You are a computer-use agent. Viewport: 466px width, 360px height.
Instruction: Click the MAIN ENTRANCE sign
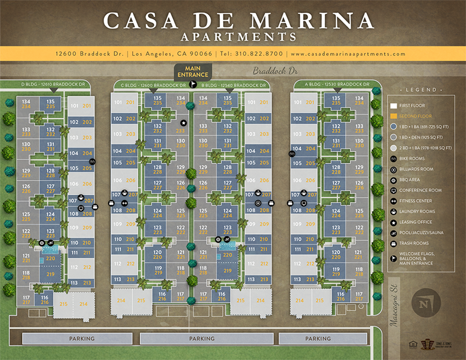(192, 71)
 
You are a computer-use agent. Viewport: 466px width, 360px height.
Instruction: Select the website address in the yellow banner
(348, 54)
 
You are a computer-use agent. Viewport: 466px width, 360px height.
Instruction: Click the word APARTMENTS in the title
(238, 36)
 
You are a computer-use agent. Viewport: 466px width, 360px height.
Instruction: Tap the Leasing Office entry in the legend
(416, 222)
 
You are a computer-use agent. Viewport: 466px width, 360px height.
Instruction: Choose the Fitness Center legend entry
(416, 201)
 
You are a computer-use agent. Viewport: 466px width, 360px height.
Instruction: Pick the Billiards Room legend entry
(416, 169)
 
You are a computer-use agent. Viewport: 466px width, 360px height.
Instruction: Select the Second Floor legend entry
(416, 116)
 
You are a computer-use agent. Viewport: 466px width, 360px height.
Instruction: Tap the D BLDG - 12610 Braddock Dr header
(53, 84)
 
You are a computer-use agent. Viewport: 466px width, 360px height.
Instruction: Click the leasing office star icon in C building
(184, 123)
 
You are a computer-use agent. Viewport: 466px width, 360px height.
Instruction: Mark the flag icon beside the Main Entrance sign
(193, 85)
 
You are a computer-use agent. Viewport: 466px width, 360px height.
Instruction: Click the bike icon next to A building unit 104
(292, 154)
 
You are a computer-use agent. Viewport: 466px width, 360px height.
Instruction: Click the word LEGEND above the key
(421, 90)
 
